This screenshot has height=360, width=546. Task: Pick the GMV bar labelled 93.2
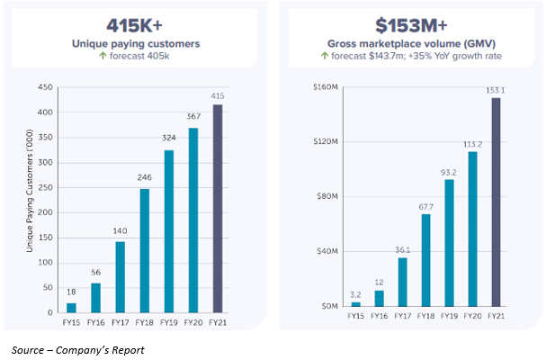coord(449,243)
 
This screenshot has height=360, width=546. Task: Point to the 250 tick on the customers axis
coord(40,187)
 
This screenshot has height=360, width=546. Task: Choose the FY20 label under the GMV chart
coord(472,316)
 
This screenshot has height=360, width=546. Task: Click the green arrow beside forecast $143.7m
coord(325,57)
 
